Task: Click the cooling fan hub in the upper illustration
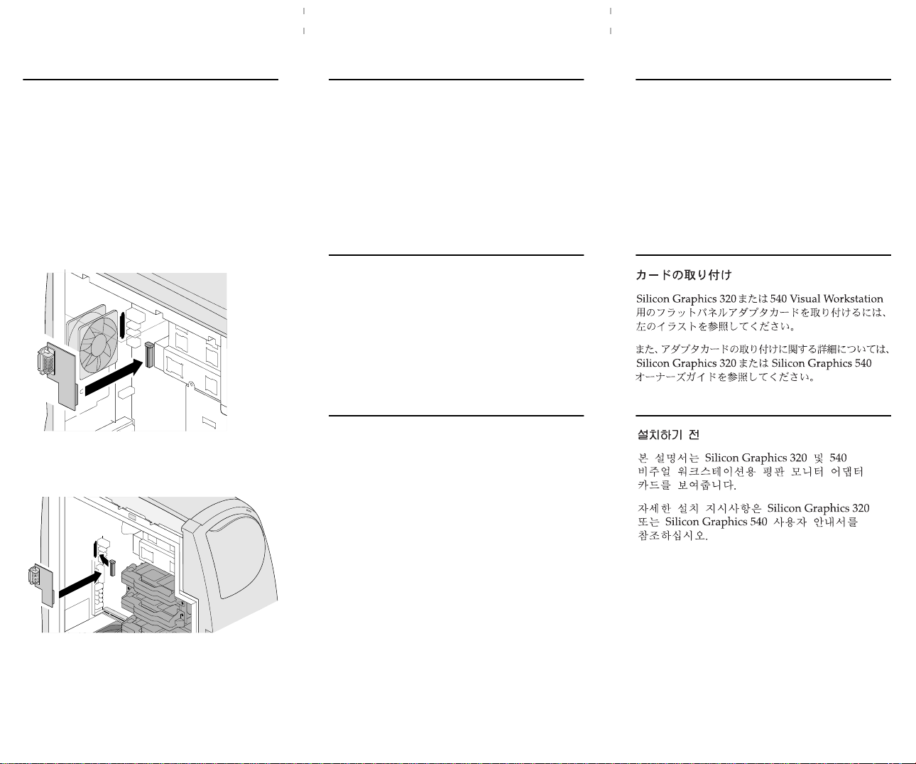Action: click(99, 345)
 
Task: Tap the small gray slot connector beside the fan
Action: click(149, 355)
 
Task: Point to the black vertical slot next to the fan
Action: click(122, 325)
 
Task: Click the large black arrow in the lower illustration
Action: click(80, 583)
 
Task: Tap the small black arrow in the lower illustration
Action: click(104, 559)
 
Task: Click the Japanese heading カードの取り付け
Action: click(684, 275)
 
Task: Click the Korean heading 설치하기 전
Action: click(668, 435)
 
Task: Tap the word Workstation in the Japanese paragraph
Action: click(853, 298)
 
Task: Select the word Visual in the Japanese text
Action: click(805, 298)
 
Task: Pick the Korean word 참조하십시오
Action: click(672, 536)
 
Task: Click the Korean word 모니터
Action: click(807, 472)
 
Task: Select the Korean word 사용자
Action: click(790, 522)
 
